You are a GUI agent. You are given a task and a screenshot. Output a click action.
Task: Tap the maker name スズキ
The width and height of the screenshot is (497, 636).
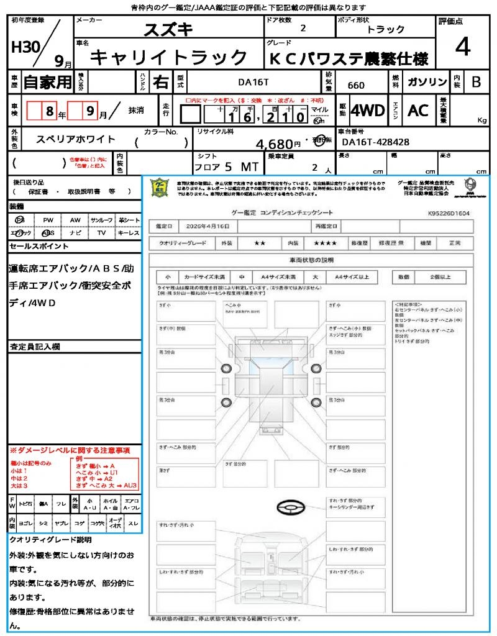[168, 29]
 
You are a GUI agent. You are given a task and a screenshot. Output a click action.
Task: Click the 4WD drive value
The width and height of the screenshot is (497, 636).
[368, 111]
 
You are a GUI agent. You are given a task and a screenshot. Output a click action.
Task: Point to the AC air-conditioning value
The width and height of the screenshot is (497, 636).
[418, 111]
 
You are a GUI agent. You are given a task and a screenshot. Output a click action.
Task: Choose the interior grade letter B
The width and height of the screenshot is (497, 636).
[476, 81]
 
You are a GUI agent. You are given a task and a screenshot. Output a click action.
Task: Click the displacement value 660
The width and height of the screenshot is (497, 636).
[356, 85]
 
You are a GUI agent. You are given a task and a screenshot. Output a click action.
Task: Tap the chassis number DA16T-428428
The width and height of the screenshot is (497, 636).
[376, 142]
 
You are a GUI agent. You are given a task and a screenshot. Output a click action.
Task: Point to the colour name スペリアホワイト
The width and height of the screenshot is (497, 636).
[75, 141]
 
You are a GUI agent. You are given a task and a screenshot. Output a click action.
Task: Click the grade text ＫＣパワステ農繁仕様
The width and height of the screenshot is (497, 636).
[349, 58]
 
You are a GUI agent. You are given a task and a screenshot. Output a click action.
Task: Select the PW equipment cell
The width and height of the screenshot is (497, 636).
[48, 220]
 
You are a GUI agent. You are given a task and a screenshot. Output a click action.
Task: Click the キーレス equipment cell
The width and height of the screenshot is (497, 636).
[129, 233]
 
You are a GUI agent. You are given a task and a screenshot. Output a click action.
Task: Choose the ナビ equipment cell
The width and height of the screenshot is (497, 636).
[75, 233]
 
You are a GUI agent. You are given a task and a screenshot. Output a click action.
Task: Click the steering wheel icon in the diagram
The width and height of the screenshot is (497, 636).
[290, 508]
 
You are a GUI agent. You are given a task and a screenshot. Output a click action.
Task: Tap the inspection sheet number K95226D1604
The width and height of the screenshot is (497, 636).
[449, 212]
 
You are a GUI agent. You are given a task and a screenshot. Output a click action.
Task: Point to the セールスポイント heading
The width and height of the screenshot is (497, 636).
[39, 247]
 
